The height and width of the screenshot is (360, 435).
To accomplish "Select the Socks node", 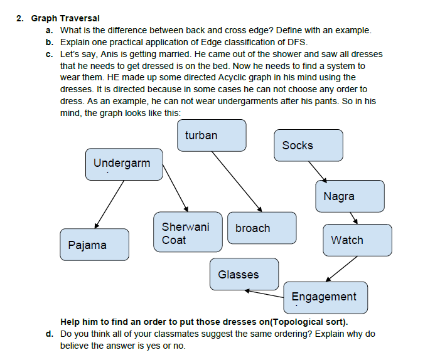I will pos(308,146).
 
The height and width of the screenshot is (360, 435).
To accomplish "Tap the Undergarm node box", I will pos(124,164).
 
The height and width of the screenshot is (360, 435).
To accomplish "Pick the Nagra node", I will pos(350,196).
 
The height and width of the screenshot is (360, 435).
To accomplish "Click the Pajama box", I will pos(95,245).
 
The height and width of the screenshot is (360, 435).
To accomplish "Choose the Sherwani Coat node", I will pos(188,232).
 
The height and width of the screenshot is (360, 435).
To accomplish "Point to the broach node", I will pos(261,228).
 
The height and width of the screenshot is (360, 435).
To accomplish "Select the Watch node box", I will pos(357,240).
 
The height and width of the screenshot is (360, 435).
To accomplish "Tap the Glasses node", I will pos(244,274).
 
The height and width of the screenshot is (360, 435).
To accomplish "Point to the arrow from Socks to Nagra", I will pos(316,170).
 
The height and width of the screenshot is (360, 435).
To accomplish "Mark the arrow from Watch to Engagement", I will pos(342,269).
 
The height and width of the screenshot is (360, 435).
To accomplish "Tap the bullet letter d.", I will pos(50,334).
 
